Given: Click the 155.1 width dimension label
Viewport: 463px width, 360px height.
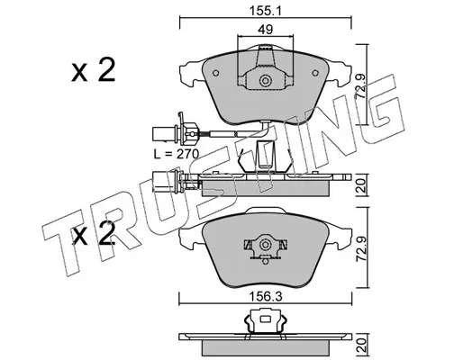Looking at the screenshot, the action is pyautogui.click(x=266, y=12).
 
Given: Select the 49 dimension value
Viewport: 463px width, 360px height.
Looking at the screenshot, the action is pyautogui.click(x=266, y=30).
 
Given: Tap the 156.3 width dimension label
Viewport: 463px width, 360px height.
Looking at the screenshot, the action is pyautogui.click(x=266, y=297).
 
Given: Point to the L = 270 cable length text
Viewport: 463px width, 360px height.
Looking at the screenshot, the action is pyautogui.click(x=177, y=154).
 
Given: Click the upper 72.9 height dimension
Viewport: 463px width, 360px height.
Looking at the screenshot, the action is pyautogui.click(x=360, y=87).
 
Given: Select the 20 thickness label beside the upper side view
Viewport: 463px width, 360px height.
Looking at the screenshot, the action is pyautogui.click(x=361, y=185).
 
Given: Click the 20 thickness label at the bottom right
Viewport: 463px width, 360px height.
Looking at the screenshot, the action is pyautogui.click(x=361, y=345).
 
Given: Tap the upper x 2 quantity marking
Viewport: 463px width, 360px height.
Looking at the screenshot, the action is pyautogui.click(x=94, y=70).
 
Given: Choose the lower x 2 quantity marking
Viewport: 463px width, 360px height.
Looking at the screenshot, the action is pyautogui.click(x=94, y=233).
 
